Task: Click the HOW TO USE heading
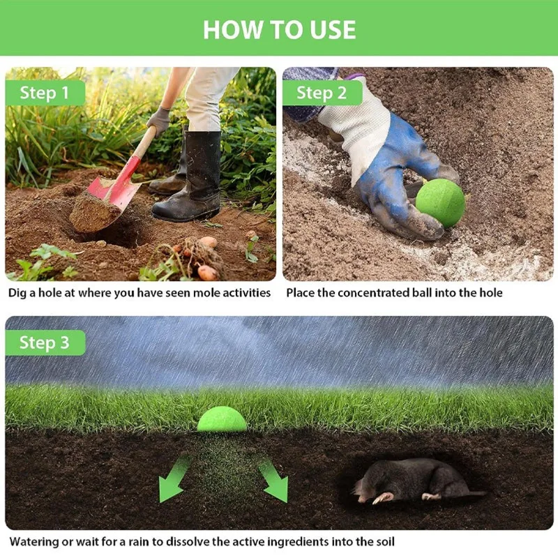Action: point(280,29)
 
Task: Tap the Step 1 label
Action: point(45,93)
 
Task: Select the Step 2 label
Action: point(322,93)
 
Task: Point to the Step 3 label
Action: point(45,342)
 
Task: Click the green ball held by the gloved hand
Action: point(440,203)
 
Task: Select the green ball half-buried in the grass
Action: point(222,419)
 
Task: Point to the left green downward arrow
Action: point(173,478)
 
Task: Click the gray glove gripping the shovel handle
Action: point(159,120)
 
